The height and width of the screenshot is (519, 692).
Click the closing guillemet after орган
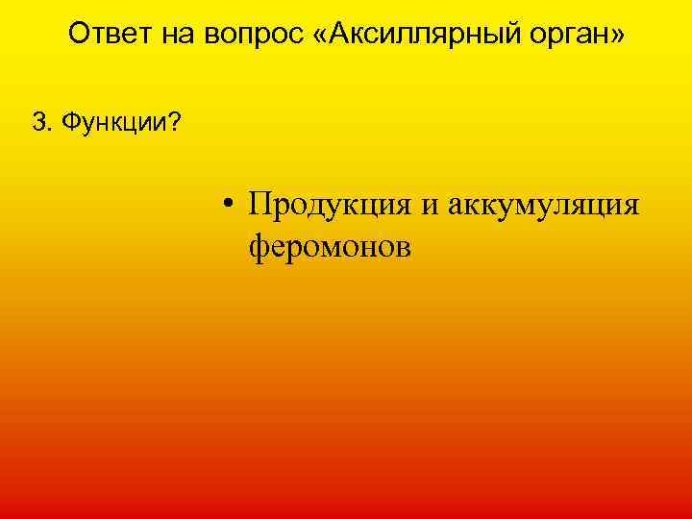[x=616, y=37]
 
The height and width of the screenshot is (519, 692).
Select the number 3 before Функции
[x=37, y=121]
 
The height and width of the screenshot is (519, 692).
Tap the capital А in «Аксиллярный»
[x=336, y=36]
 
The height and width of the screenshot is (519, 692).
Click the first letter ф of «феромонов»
[x=259, y=248]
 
